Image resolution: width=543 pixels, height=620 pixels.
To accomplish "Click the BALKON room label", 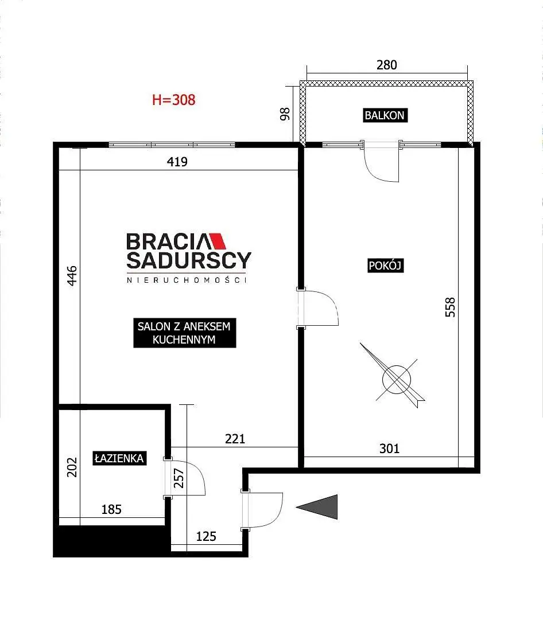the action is [385, 115].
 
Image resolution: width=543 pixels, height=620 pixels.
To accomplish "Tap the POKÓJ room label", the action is [386, 266].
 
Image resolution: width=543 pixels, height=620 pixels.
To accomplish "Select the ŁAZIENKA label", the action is [119, 458].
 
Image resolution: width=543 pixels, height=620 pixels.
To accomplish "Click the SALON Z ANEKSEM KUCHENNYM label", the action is [184, 333].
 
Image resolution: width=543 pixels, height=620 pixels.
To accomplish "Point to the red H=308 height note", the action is [174, 100].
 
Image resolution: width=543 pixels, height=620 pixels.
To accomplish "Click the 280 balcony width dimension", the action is [387, 65].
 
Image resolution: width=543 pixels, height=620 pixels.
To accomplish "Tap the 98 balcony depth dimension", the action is [285, 114].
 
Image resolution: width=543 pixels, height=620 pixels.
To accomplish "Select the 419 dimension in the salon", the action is [177, 162].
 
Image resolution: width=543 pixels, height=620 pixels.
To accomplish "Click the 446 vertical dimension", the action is [72, 276].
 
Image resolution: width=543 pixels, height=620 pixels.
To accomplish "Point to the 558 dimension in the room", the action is [451, 307].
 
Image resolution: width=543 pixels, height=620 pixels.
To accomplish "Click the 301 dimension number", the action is [389, 449].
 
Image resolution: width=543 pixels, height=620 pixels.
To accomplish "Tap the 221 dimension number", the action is [235, 439].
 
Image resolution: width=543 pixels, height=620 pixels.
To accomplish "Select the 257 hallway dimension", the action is [179, 478].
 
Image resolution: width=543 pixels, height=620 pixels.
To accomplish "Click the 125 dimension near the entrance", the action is [206, 536].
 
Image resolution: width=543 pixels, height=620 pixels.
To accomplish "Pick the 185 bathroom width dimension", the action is [111, 509].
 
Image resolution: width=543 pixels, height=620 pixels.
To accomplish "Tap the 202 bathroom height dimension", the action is [72, 467].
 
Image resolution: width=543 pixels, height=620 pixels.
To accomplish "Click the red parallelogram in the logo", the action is [218, 241].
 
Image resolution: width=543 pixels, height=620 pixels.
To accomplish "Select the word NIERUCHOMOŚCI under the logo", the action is [187, 280].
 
